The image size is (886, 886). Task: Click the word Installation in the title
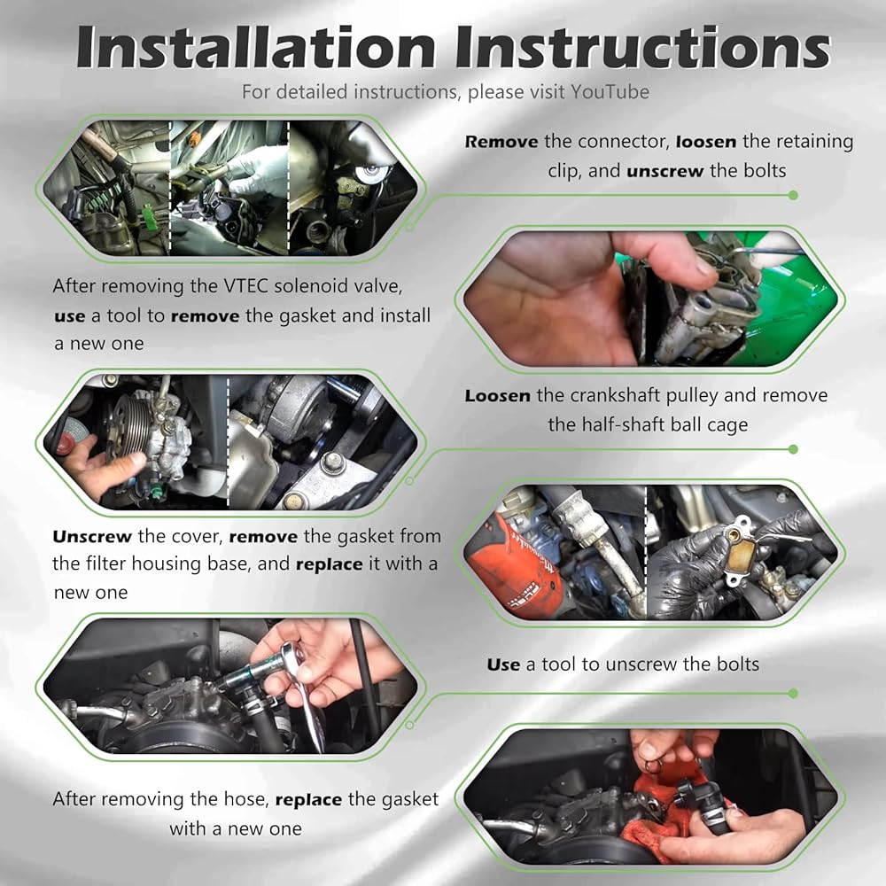click(x=256, y=48)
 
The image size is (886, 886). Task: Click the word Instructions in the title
click(x=643, y=48)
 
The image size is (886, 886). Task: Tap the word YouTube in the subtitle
click(x=610, y=91)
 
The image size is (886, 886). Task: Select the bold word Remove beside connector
click(x=501, y=142)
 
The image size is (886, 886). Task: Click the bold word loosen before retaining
click(x=706, y=141)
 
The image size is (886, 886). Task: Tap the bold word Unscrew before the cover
click(x=92, y=536)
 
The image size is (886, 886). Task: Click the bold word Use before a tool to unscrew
click(x=503, y=664)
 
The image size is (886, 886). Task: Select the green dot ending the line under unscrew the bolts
click(x=793, y=196)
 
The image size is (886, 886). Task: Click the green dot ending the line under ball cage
click(x=793, y=449)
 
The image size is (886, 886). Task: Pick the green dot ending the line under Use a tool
click(x=793, y=694)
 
